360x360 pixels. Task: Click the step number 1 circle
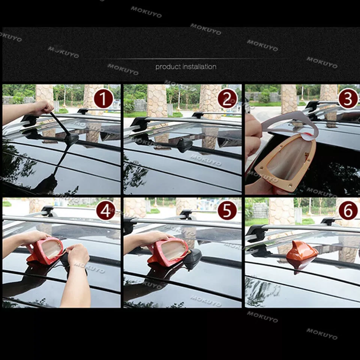click(x=103, y=99)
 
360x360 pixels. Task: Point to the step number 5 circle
click(x=227, y=211)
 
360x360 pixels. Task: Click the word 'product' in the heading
click(x=168, y=67)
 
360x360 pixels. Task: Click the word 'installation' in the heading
click(x=199, y=67)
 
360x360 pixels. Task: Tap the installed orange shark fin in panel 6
click(x=301, y=254)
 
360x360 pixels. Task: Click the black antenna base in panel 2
click(x=184, y=145)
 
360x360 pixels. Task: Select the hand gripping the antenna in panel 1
click(x=42, y=108)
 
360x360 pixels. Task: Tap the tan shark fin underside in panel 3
click(x=289, y=161)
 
